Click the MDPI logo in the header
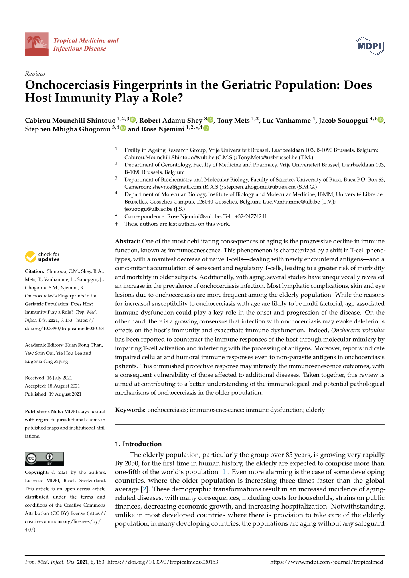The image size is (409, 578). [x=369, y=46]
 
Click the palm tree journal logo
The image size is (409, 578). [x=36, y=44]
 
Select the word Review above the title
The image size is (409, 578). [x=35, y=74]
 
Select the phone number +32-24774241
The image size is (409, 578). [x=251, y=216]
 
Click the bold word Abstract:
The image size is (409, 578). [x=128, y=241]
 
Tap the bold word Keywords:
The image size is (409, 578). [x=130, y=410]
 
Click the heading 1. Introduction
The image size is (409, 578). [x=138, y=444]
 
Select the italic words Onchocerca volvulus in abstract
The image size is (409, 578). [x=357, y=330]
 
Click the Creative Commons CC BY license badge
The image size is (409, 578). [x=44, y=459]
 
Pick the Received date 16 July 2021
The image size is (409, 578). [x=59, y=378]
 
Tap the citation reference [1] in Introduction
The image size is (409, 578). [x=224, y=472]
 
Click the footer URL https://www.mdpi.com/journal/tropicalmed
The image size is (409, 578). [x=326, y=562]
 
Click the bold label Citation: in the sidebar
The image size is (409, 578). [x=34, y=271]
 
